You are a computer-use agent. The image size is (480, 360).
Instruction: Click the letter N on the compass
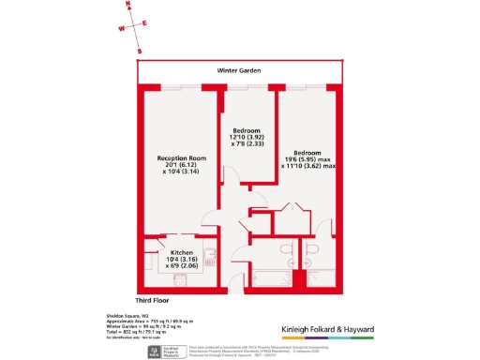point(130,7)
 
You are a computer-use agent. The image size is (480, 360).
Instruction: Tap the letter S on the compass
point(139,52)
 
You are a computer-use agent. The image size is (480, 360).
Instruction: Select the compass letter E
point(145,23)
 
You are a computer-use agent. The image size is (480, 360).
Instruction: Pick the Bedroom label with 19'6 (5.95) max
point(306,153)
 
